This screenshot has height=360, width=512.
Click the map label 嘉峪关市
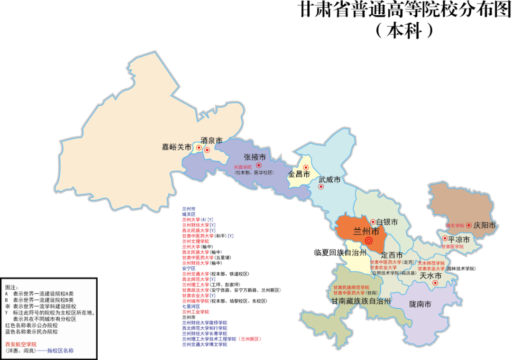pyautogui.click(x=177, y=148)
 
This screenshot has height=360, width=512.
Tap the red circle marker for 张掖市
pyautogui.click(x=259, y=165)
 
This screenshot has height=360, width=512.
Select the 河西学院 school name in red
pyautogui.click(x=243, y=167)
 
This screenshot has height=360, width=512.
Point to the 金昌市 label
pyautogui.click(x=299, y=174)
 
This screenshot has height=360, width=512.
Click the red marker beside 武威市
pyautogui.click(x=321, y=186)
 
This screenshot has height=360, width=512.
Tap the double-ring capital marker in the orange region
pyautogui.click(x=369, y=240)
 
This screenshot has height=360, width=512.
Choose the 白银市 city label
pyautogui.click(x=387, y=222)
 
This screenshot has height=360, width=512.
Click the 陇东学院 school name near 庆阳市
pyautogui.click(x=455, y=225)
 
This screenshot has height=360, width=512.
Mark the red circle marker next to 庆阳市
pyautogui.click(x=469, y=225)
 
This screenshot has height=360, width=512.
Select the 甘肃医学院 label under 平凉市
pyautogui.click(x=452, y=247)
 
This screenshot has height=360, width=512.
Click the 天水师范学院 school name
pyautogui.click(x=431, y=263)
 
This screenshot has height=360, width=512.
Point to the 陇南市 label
pyautogui.click(x=420, y=304)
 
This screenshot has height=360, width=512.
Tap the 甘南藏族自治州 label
pyautogui.click(x=361, y=301)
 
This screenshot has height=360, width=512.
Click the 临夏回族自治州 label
pyautogui.click(x=340, y=252)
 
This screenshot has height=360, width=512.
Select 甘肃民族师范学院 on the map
pyautogui.click(x=351, y=287)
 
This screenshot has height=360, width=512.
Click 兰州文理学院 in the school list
pyautogui.click(x=195, y=241)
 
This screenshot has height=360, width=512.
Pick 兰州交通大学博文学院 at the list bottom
pyautogui.click(x=204, y=344)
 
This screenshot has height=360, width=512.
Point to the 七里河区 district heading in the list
pyautogui.click(x=191, y=306)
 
